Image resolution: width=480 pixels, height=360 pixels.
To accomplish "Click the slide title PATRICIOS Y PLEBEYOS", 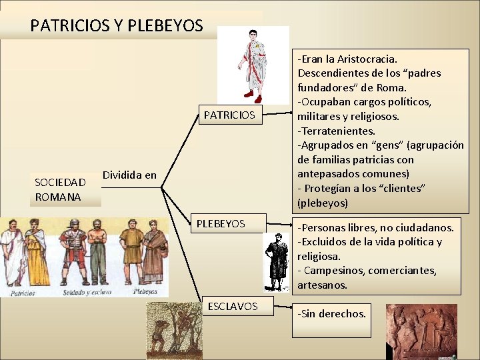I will click(x=116, y=26).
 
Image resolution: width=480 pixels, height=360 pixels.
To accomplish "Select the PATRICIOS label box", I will click(x=229, y=115).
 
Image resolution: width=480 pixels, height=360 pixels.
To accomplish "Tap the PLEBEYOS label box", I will click(x=221, y=224).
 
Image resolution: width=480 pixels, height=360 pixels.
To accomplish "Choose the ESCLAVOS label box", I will click(x=232, y=306).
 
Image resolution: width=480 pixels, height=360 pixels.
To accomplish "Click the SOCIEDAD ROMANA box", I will click(x=60, y=189).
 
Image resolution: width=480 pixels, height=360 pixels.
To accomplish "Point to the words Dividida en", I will click(x=130, y=175).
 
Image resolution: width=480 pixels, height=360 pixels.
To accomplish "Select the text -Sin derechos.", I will click(x=332, y=313).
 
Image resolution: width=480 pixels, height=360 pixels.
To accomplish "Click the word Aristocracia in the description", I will click(x=369, y=59).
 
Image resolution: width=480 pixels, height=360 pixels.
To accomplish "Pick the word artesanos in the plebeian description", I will click(x=323, y=285).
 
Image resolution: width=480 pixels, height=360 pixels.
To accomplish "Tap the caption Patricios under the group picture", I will click(x=23, y=291).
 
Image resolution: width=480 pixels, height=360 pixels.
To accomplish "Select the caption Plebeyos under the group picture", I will click(x=145, y=291).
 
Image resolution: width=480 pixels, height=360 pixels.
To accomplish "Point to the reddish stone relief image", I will click(x=423, y=332).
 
